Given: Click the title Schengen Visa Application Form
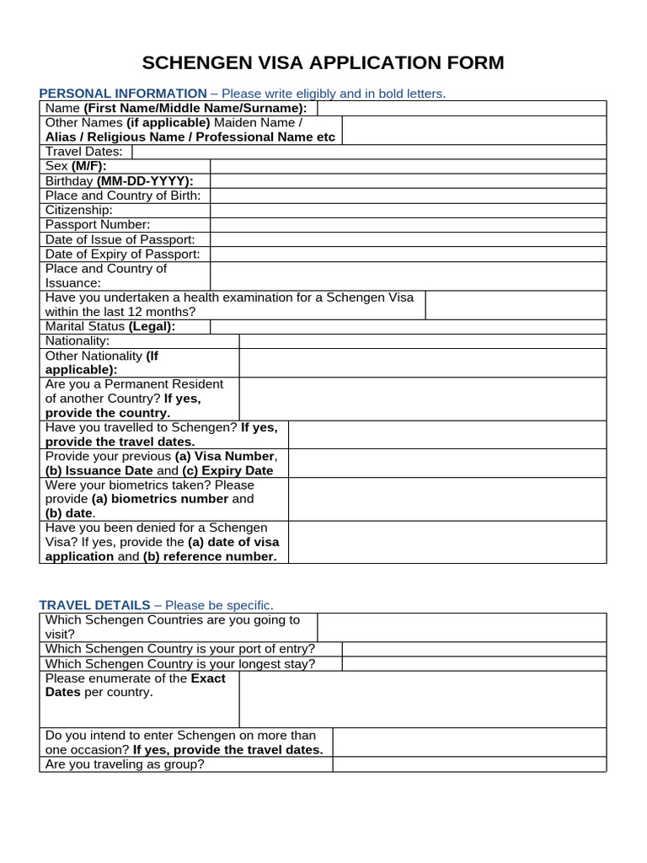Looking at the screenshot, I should pyautogui.click(x=323, y=62).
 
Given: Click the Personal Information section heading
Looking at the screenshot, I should pyautogui.click(x=123, y=93).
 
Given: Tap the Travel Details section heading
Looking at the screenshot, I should pyautogui.click(x=95, y=605).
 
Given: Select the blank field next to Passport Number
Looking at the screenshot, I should pyautogui.click(x=408, y=225).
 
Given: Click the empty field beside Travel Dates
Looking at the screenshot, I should pyautogui.click(x=368, y=152).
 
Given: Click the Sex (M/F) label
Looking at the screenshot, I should pyautogui.click(x=76, y=166).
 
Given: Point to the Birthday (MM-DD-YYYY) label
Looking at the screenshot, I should pyautogui.click(x=119, y=181).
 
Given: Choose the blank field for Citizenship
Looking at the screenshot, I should pyautogui.click(x=408, y=210).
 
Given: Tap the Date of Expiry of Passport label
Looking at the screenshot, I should pyautogui.click(x=122, y=255).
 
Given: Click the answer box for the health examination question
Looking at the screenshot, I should pyautogui.click(x=515, y=305).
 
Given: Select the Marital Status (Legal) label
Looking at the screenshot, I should pyautogui.click(x=110, y=326).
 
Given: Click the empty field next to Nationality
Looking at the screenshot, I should pyautogui.click(x=422, y=341).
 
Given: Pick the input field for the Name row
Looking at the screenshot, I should pyautogui.click(x=462, y=108).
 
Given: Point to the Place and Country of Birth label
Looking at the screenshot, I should pyautogui.click(x=122, y=196).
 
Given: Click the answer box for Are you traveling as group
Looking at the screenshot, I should pyautogui.click(x=468, y=764).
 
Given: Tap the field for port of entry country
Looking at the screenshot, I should pyautogui.click(x=473, y=649).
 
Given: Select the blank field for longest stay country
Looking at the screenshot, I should pyautogui.click(x=473, y=663).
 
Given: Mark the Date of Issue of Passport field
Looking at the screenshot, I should pyautogui.click(x=408, y=240).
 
